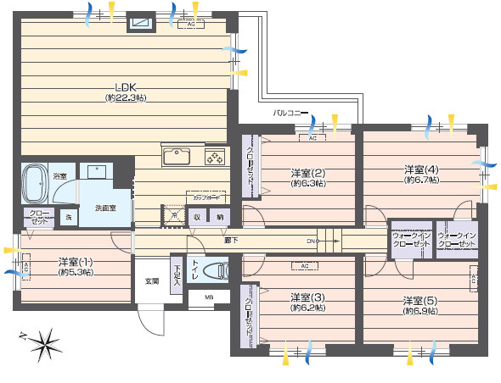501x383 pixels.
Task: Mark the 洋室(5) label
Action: [419, 300]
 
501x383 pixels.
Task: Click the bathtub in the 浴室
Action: [37, 181]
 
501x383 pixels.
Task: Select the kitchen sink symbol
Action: [178, 156]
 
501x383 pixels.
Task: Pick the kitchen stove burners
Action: [215, 157]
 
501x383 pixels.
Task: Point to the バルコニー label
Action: [290, 112]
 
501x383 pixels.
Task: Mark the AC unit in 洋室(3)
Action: [303, 266]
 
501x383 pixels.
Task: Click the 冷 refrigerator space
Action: [174, 216]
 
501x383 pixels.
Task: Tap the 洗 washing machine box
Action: [69, 218]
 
